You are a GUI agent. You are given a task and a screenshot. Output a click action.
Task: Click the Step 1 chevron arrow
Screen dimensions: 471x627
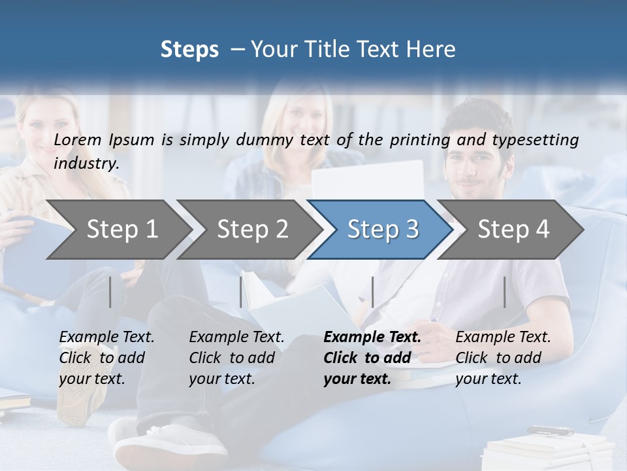pyautogui.click(x=121, y=230)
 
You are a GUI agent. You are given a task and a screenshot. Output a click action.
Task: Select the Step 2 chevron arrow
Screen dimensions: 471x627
pyautogui.click(x=252, y=230)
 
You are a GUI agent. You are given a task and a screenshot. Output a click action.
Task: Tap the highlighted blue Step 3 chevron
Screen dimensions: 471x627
pyautogui.click(x=382, y=230)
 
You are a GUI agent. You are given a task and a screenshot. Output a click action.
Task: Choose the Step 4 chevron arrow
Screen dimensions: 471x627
pyautogui.click(x=513, y=230)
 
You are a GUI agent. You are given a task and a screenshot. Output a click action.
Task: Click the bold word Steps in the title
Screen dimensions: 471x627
pyautogui.click(x=189, y=50)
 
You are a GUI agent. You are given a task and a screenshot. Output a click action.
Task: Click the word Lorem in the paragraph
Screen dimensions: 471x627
pyautogui.click(x=77, y=139)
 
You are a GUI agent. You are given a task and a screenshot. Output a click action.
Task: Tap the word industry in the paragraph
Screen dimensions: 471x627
pyautogui.click(x=86, y=163)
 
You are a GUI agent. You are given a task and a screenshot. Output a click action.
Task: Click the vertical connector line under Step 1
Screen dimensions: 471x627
pyautogui.click(x=110, y=292)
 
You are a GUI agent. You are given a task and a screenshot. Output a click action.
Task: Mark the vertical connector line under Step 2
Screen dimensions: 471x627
pyautogui.click(x=240, y=292)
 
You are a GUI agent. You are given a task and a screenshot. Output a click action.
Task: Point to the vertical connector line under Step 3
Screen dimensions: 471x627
pyautogui.click(x=372, y=292)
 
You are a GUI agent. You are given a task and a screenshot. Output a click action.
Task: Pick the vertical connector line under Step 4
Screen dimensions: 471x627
pyautogui.click(x=504, y=292)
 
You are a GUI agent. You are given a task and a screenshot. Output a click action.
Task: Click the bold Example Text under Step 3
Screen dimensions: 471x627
pyautogui.click(x=372, y=338)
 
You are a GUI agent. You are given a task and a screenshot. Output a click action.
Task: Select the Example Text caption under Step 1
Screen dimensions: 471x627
pyautogui.click(x=106, y=338)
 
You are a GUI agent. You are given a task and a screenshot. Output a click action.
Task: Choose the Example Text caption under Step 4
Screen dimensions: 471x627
pyautogui.click(x=503, y=338)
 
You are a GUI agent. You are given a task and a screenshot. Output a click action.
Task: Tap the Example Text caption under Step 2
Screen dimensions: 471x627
pyautogui.click(x=236, y=338)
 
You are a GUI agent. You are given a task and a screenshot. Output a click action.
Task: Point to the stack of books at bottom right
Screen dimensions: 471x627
pyautogui.click(x=549, y=451)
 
